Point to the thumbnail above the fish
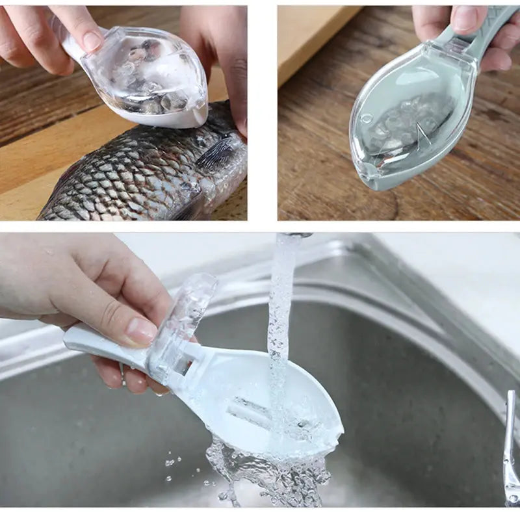(x=92, y=41)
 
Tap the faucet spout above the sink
(x=296, y=235)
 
